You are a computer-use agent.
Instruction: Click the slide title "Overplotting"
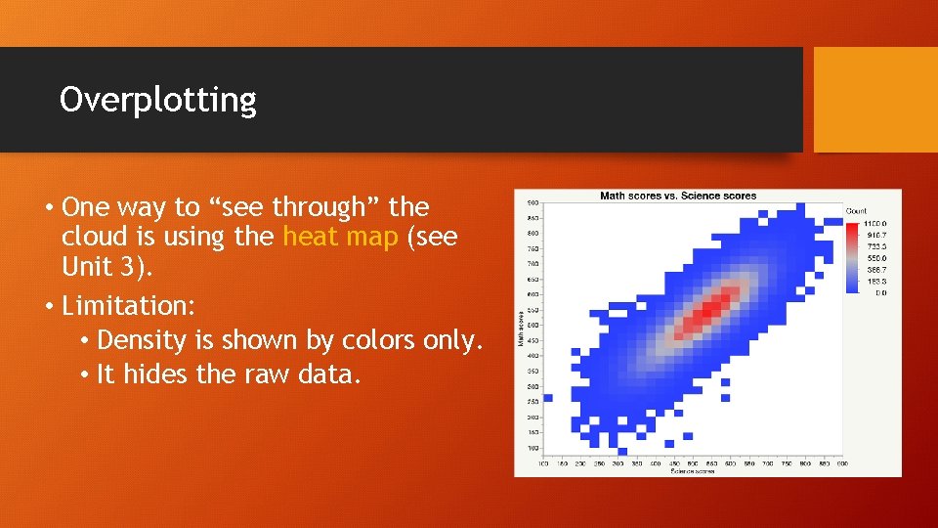(x=157, y=100)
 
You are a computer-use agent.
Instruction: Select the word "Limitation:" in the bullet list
(x=128, y=306)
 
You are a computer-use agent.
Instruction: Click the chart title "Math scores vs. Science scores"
(x=677, y=196)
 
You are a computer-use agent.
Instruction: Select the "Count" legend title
(x=856, y=210)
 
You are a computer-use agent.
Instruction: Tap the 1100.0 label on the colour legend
(x=874, y=224)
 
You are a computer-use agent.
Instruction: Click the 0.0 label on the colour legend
(x=880, y=291)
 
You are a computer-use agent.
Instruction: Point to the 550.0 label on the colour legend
(x=874, y=258)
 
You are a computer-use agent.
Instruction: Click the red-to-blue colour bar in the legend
(x=851, y=257)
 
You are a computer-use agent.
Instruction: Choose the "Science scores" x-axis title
(x=692, y=471)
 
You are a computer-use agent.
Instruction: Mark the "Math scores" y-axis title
(x=520, y=327)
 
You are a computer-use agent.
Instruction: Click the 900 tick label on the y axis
(x=533, y=202)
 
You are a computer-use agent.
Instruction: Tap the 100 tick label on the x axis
(x=543, y=463)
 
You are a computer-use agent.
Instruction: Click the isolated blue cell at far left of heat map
(x=547, y=398)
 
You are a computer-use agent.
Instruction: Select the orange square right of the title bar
(x=874, y=100)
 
